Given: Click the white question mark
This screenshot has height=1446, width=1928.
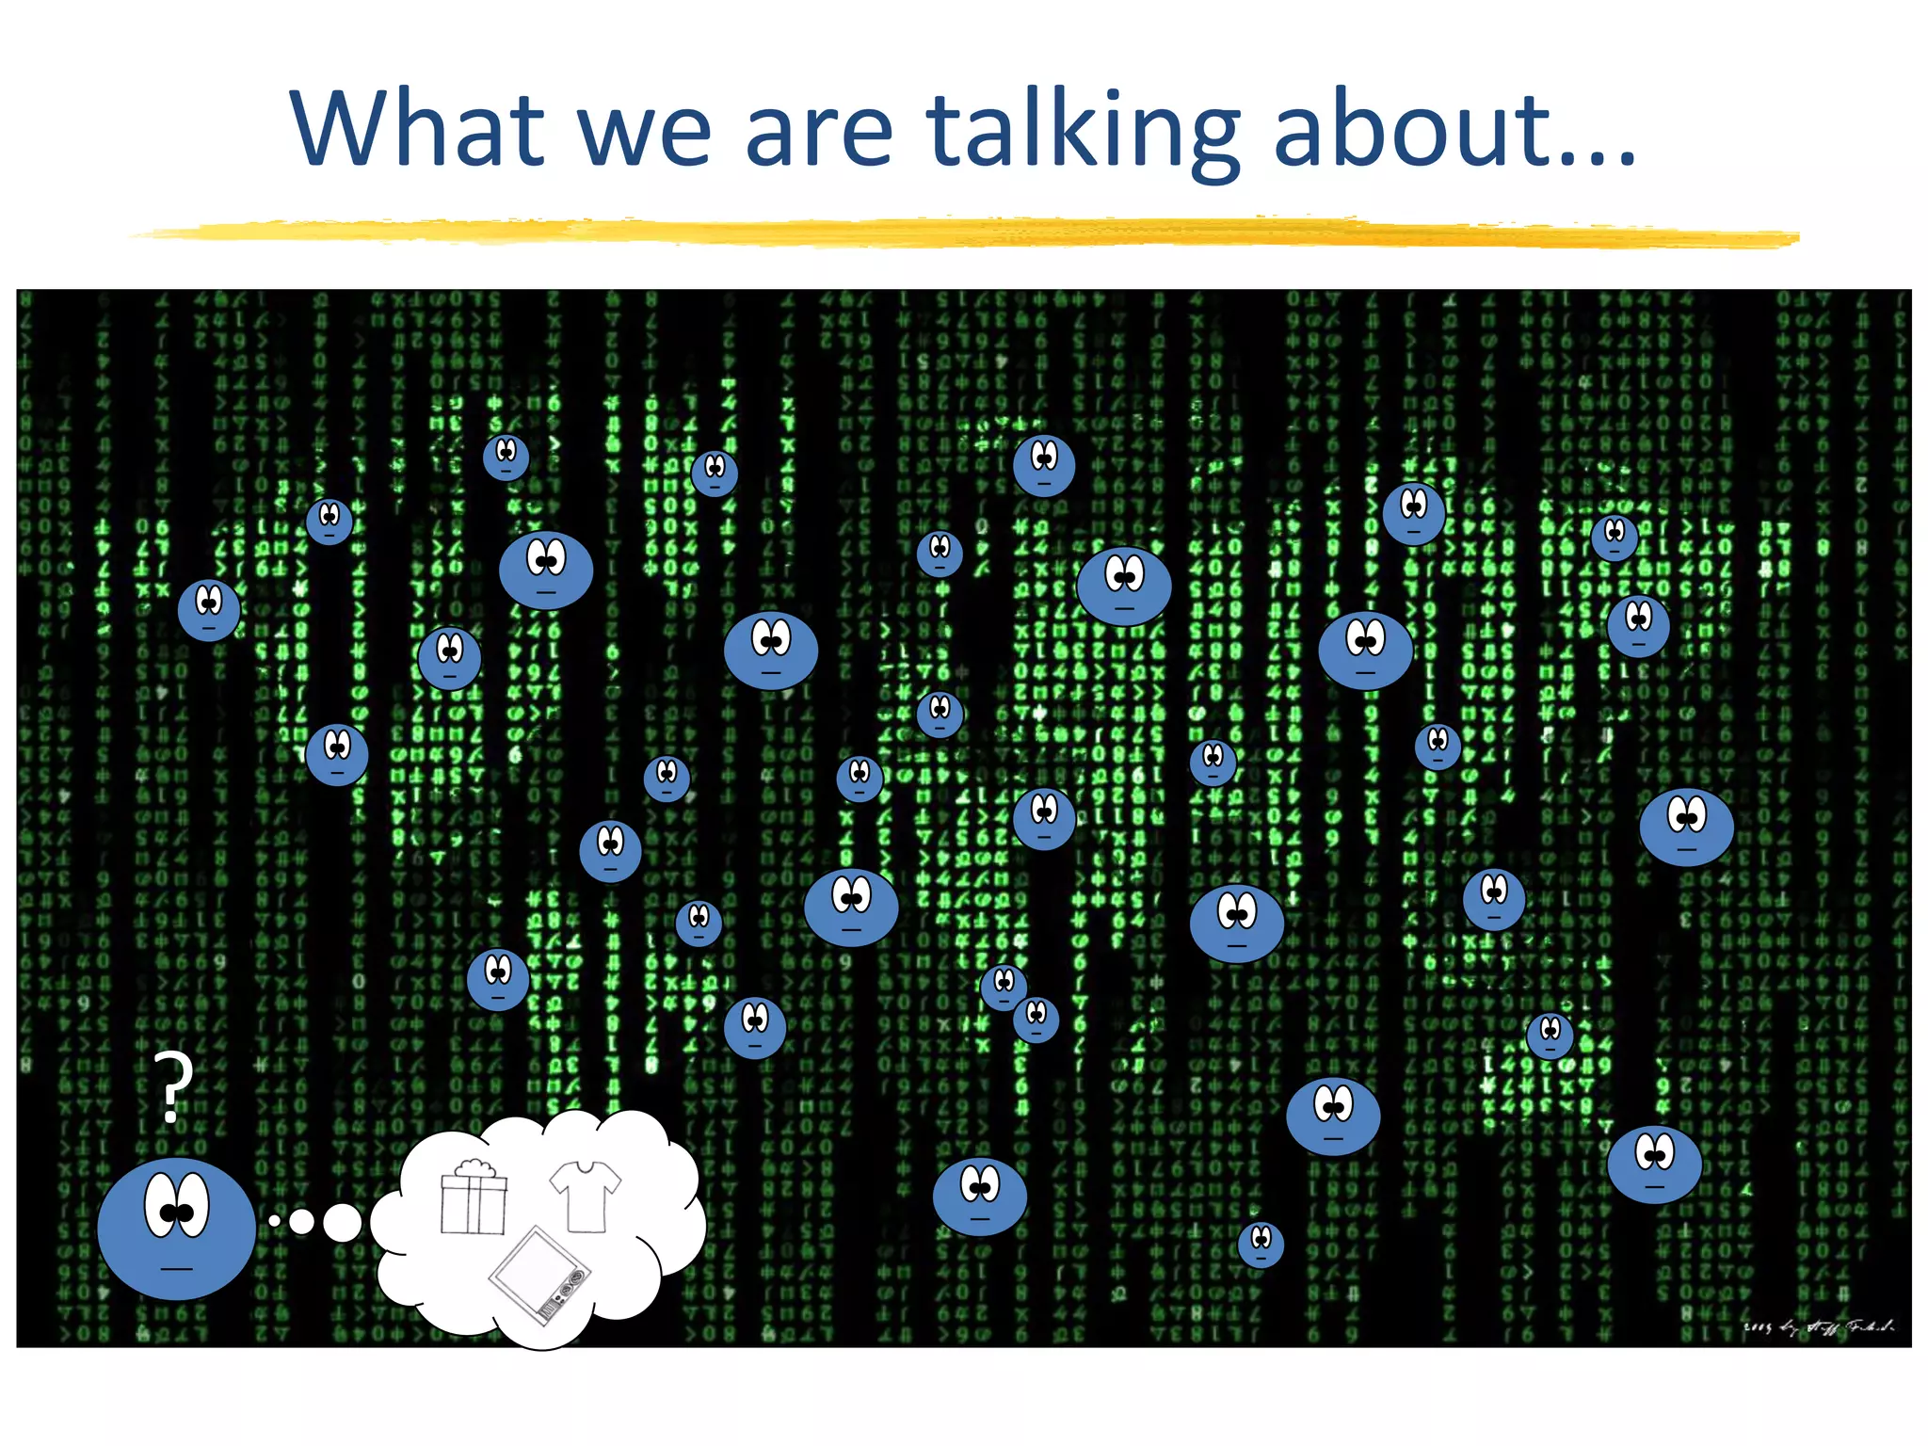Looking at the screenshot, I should [172, 1087].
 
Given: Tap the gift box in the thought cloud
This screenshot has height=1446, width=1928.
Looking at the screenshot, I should [474, 1200].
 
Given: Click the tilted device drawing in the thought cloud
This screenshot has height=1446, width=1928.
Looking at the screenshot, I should [539, 1276].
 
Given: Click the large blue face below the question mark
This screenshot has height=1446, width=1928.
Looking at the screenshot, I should [177, 1229].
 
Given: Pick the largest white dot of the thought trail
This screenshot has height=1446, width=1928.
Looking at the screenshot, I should [342, 1222].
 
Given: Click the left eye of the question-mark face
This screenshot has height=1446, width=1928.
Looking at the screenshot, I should [161, 1205].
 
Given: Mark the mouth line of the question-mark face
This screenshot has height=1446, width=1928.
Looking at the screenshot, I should [176, 1269].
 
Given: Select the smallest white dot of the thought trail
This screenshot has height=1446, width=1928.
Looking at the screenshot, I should [275, 1221].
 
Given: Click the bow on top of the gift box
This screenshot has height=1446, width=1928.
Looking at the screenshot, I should [474, 1168].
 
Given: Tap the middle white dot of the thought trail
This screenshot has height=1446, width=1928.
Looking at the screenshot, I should [301, 1221].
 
